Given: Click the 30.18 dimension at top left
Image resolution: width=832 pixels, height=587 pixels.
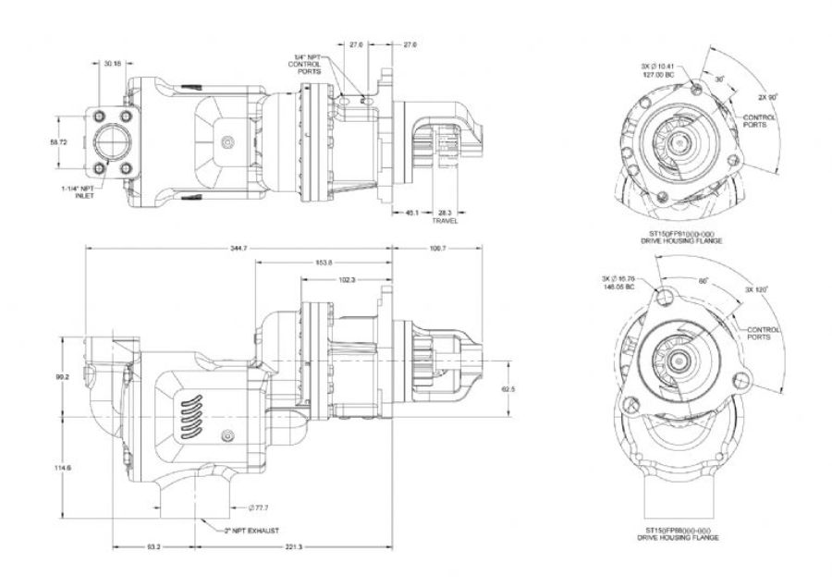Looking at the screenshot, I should (112, 64).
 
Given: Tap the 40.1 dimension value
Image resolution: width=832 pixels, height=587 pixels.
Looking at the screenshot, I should (413, 212).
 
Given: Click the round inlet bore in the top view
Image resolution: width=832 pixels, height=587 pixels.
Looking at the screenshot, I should (112, 143).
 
